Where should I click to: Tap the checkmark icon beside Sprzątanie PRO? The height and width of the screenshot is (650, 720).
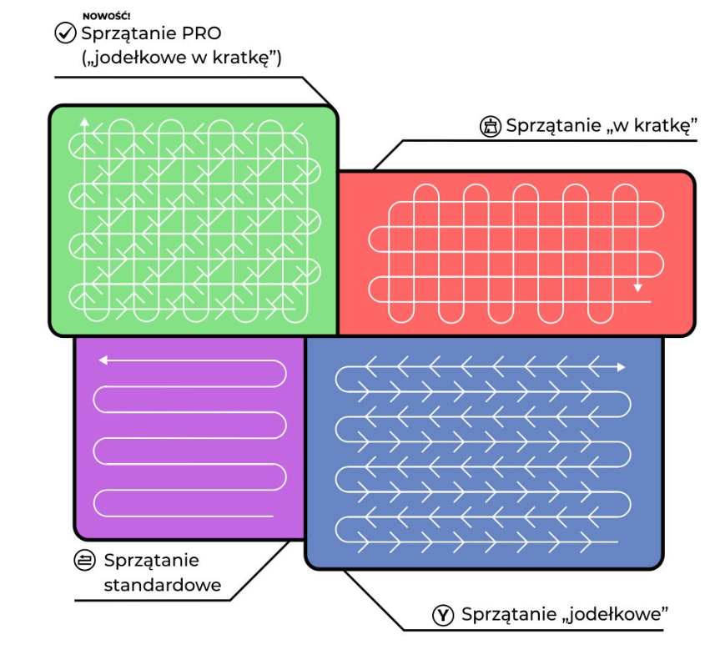tap(65, 33)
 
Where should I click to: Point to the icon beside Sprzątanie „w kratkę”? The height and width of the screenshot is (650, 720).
tap(490, 126)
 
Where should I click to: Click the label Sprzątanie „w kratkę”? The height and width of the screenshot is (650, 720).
tap(602, 126)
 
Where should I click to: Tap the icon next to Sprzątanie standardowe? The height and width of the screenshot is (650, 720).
tap(84, 561)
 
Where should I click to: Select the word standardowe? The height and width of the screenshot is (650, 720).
tap(162, 585)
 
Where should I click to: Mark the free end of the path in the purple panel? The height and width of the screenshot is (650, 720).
tap(272, 516)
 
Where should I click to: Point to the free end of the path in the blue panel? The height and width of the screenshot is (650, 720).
tap(617, 542)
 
